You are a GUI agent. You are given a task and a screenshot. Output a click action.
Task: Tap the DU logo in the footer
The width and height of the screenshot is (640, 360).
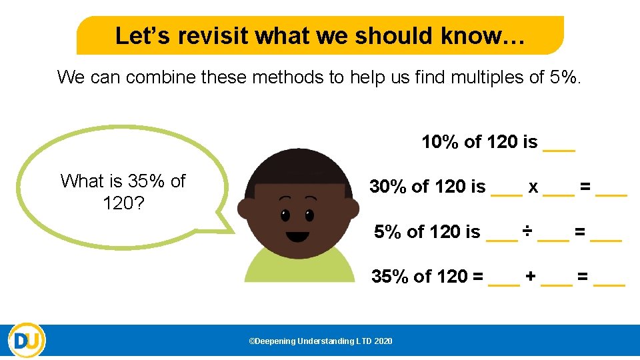[x=27, y=341]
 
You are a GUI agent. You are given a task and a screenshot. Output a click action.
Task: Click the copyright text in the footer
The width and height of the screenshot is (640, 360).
[x=320, y=341]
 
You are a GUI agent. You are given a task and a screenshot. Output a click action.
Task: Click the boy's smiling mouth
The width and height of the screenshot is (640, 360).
[x=297, y=236]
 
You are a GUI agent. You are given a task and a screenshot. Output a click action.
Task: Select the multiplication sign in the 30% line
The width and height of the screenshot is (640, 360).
[x=533, y=187]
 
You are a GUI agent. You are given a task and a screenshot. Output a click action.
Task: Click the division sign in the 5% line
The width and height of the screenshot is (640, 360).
[x=527, y=231]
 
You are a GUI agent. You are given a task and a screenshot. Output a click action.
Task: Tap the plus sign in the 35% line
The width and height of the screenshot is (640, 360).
[x=531, y=276]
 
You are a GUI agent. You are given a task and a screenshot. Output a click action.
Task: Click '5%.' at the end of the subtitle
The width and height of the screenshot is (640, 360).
[x=566, y=77]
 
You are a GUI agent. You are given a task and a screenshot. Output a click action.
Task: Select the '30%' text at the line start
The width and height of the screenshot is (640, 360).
[x=389, y=187]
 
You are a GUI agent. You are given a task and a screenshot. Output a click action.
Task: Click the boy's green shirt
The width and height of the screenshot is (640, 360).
[x=300, y=267]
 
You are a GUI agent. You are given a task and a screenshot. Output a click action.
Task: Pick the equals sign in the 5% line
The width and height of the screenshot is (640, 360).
[x=580, y=231]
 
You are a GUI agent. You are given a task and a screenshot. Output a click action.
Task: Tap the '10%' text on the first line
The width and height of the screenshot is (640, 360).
[x=440, y=142]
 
